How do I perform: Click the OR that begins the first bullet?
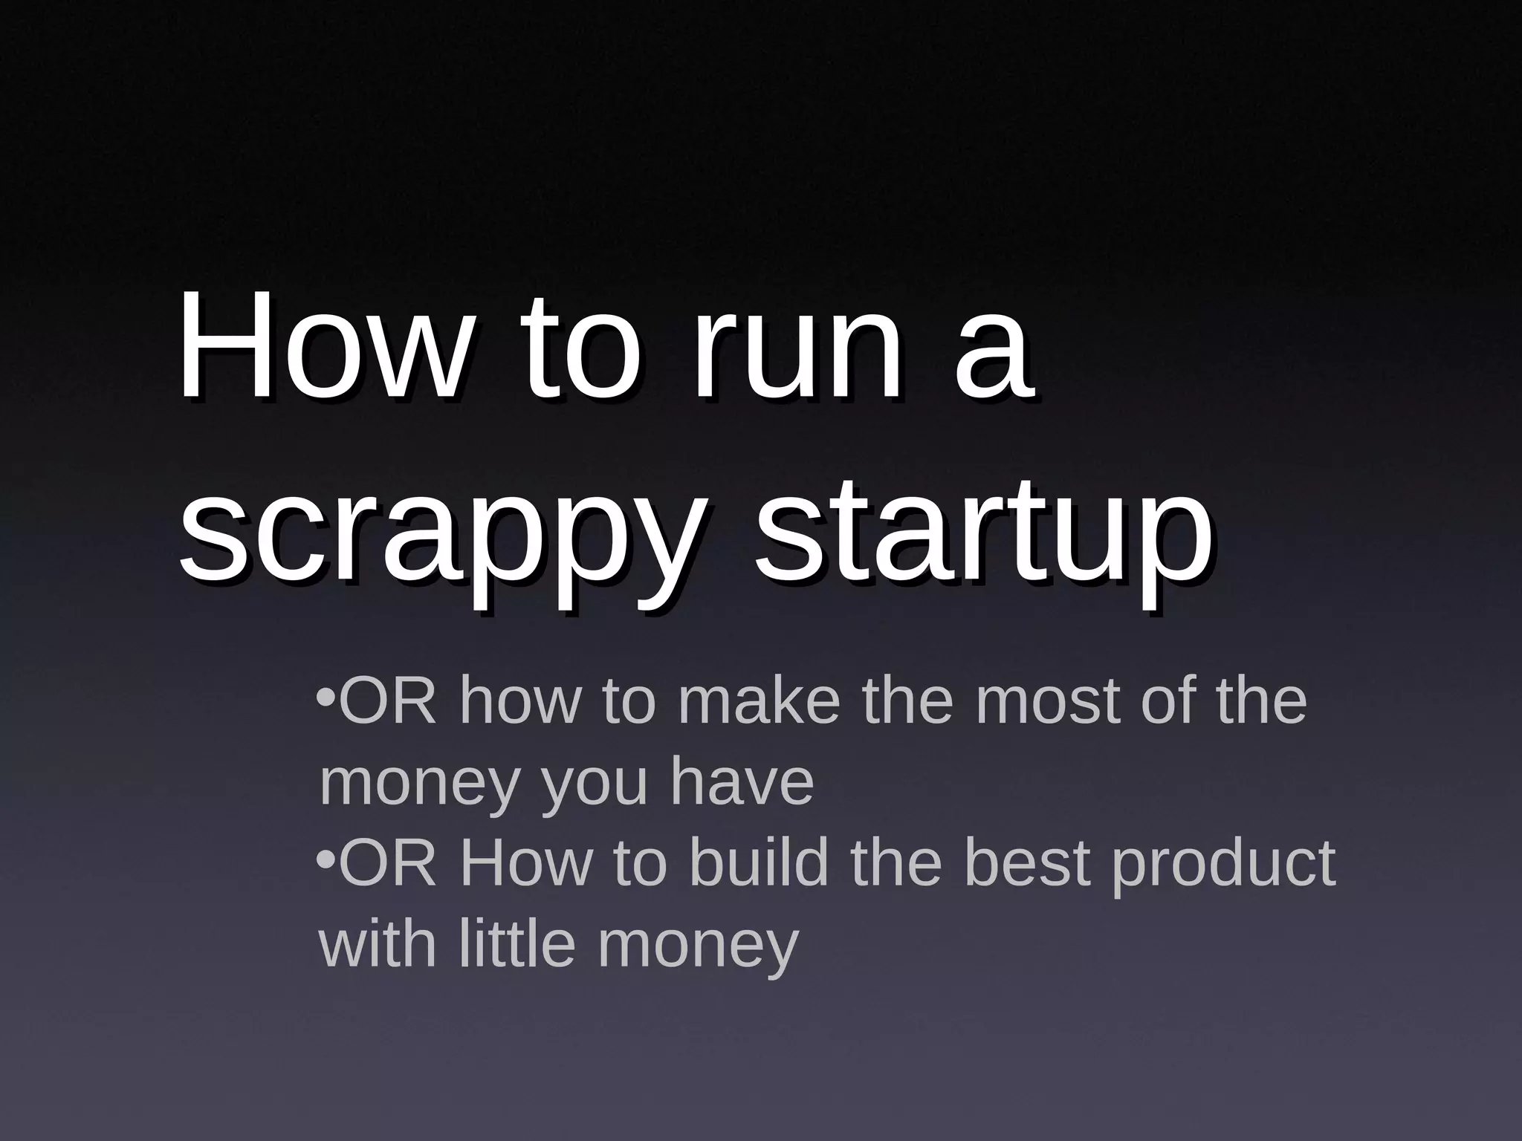pyautogui.click(x=387, y=702)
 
